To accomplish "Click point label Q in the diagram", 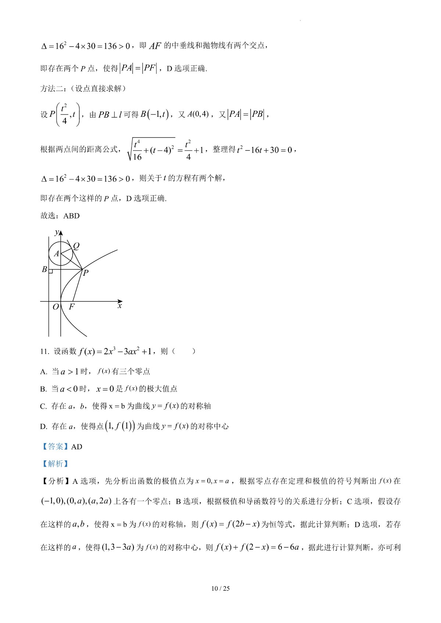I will (76, 246).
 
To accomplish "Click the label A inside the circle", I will (56, 254).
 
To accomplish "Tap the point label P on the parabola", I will (85, 273).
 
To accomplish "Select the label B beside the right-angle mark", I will (44, 269).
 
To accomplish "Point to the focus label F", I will (71, 307).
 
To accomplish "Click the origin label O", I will (56, 307).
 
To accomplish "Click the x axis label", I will (119, 305).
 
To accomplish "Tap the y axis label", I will (56, 232).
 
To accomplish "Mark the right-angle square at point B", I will (51, 271).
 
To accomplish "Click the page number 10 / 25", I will (220, 588).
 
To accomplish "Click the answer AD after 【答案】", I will (76, 447).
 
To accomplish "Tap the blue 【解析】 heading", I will (55, 464).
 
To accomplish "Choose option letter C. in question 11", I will (43, 406).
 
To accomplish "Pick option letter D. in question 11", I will (43, 427).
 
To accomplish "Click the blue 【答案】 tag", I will (55, 447).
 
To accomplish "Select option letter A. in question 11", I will (43, 372).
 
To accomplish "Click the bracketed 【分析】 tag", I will (55, 481).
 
